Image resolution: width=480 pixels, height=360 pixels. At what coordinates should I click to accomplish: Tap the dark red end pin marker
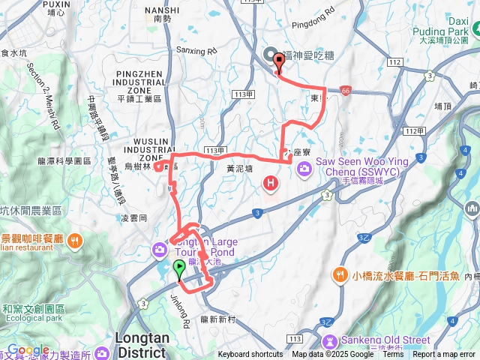(x=279, y=64)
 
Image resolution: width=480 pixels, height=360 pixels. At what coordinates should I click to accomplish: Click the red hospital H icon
(x=270, y=182)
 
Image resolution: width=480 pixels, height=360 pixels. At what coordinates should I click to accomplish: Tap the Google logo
(x=28, y=349)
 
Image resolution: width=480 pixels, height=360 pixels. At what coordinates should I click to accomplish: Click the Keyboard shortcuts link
(x=250, y=355)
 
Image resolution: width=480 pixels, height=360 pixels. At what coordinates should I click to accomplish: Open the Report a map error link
(x=445, y=355)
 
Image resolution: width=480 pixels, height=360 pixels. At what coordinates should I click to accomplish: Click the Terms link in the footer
(x=392, y=355)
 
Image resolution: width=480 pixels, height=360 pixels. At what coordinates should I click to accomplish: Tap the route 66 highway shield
(x=344, y=90)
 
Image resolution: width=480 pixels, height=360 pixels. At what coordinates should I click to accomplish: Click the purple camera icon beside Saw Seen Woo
(x=304, y=168)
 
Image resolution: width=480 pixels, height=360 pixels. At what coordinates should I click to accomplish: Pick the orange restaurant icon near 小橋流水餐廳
(x=342, y=274)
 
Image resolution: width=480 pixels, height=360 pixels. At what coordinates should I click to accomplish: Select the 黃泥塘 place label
(x=239, y=169)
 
